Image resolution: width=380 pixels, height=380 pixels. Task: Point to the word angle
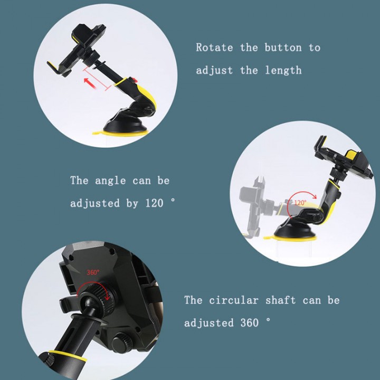click(x=111, y=180)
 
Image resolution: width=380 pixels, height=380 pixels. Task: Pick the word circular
click(x=236, y=300)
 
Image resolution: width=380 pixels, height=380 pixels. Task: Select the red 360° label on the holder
click(x=93, y=273)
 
